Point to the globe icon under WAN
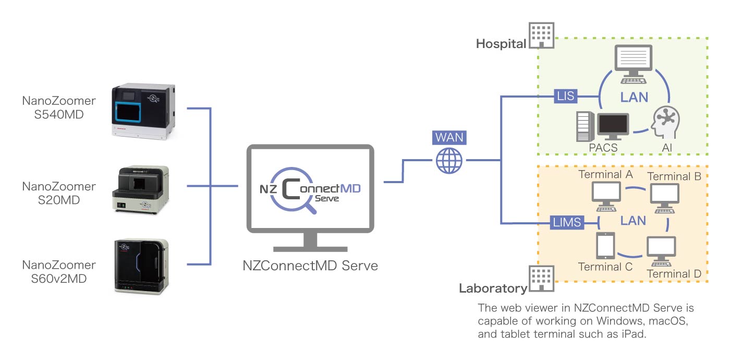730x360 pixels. tap(449, 160)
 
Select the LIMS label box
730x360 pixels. tap(567, 223)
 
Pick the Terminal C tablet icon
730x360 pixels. tap(605, 246)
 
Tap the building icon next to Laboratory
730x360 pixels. tap(541, 278)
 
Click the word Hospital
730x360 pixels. tap(501, 44)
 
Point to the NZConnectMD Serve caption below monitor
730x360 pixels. tap(310, 266)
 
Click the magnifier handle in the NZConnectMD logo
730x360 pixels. tap(311, 208)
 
